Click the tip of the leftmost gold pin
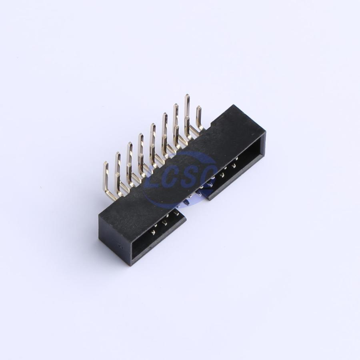click(106, 163)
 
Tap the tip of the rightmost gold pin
click(198, 107)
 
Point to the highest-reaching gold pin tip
click(187, 96)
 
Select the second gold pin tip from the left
click(118, 153)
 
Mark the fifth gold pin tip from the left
click(153, 125)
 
